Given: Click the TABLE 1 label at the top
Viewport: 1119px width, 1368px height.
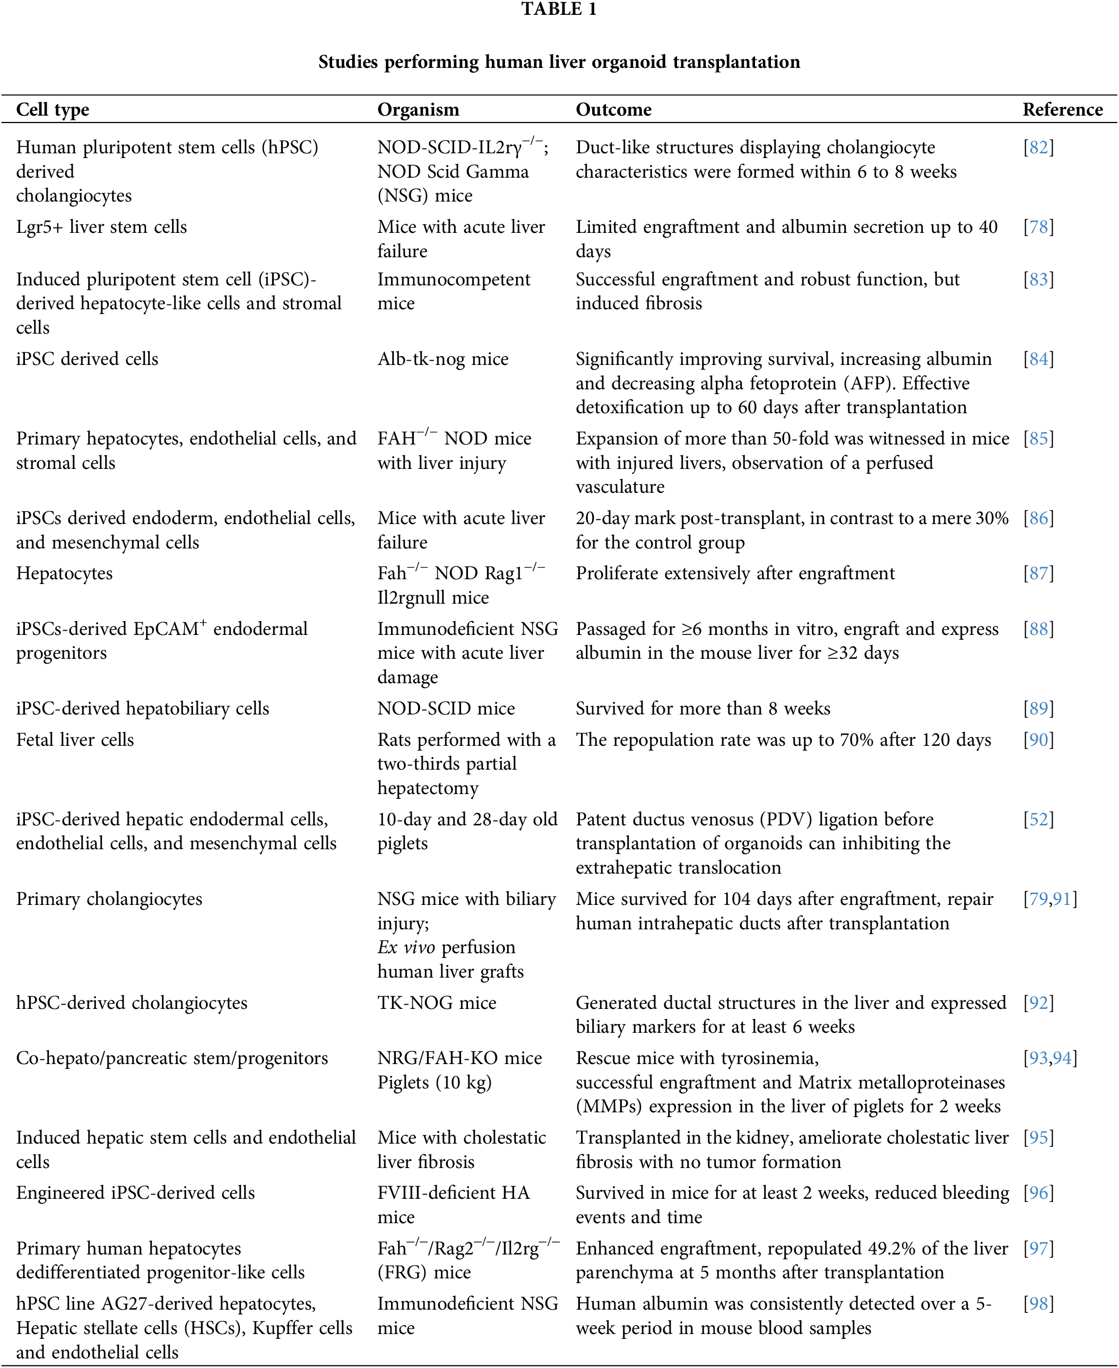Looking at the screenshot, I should [559, 10].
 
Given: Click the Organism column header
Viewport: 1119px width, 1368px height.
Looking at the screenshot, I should [418, 110].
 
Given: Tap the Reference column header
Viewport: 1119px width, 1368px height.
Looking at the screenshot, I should [1062, 110].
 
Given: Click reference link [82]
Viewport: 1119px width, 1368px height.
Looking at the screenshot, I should [1038, 147].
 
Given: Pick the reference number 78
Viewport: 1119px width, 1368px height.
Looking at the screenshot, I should [1038, 227].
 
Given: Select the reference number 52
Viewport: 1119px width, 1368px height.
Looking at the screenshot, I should [1038, 819].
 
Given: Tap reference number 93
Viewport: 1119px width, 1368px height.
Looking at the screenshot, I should [1038, 1058].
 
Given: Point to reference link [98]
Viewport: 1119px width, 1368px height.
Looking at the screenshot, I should [1038, 1304].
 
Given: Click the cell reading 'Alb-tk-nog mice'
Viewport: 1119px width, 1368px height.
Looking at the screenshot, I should [443, 359].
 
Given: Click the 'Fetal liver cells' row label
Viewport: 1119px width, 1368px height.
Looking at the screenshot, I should [75, 740].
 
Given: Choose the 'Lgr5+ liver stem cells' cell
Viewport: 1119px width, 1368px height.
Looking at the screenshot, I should [101, 227].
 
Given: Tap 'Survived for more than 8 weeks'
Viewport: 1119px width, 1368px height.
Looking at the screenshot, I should [702, 709].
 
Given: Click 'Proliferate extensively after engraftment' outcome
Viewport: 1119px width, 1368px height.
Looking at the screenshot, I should [735, 573].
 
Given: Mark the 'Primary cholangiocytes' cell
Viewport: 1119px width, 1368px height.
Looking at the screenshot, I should [109, 899].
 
